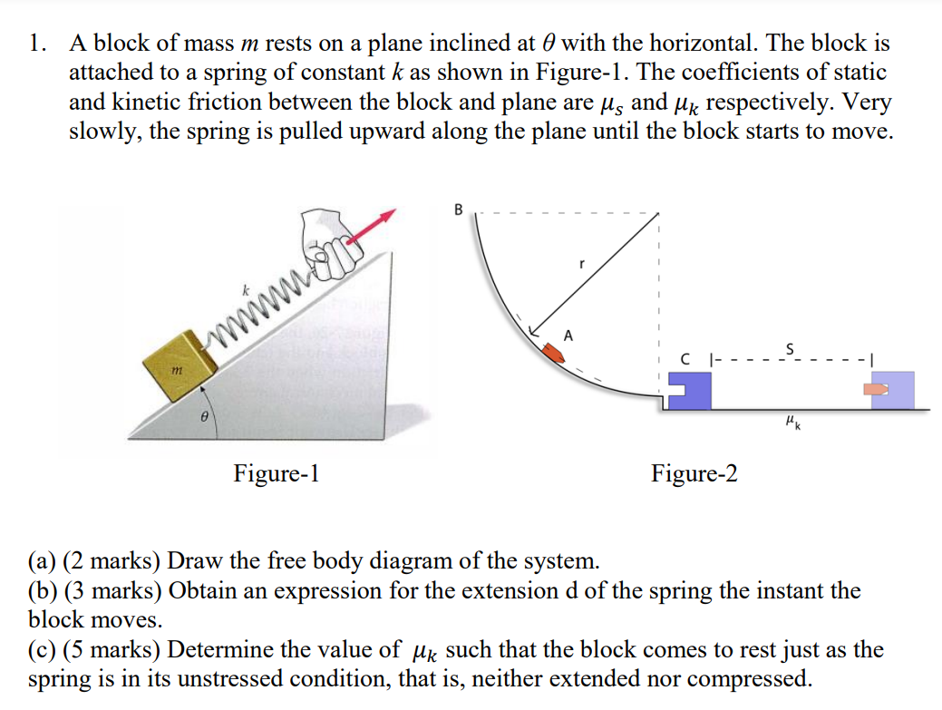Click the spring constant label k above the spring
245,292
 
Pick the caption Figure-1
277,473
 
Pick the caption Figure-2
694,473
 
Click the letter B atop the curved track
458,210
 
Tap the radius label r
583,266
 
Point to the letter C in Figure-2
688,361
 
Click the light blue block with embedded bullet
893,389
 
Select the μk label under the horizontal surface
791,422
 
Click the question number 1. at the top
38,43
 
